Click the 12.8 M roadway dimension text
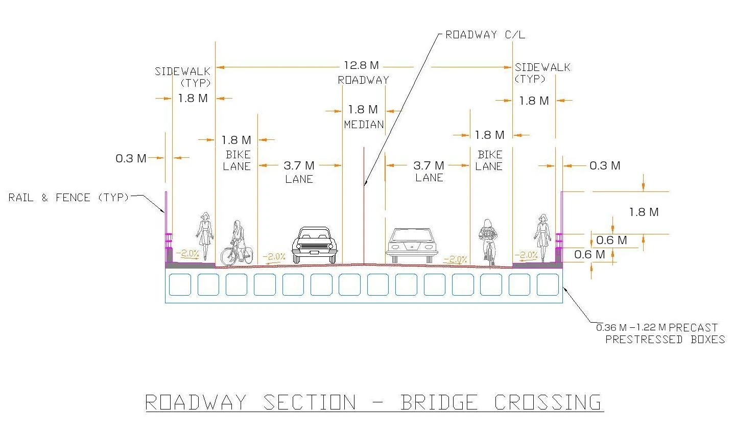(x=362, y=65)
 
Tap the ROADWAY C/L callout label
(x=485, y=35)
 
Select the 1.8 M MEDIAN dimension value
(x=363, y=109)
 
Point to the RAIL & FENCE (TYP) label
(x=68, y=197)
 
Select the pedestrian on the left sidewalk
(x=205, y=235)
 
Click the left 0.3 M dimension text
(x=131, y=158)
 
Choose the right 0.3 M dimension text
(x=605, y=165)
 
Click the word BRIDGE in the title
(x=439, y=402)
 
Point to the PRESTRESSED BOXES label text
(x=665, y=340)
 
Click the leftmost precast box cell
(x=180, y=285)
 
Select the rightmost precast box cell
(x=548, y=285)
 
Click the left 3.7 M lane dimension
(x=299, y=165)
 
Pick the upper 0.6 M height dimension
(x=611, y=240)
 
